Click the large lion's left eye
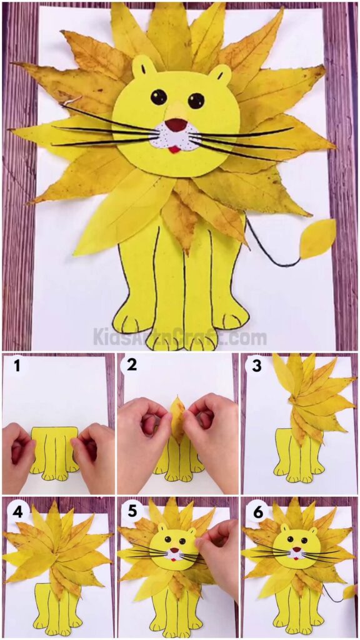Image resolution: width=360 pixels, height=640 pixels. pyautogui.click(x=159, y=97)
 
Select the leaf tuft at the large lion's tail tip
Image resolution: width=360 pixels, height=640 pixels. pyautogui.click(x=317, y=239)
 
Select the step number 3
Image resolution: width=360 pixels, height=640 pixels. pyautogui.click(x=256, y=366)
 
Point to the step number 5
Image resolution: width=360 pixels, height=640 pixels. pyautogui.click(x=132, y=511)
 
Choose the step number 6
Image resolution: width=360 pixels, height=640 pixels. pyautogui.click(x=256, y=511)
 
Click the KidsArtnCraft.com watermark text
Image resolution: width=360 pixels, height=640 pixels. pyautogui.click(x=180, y=338)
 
